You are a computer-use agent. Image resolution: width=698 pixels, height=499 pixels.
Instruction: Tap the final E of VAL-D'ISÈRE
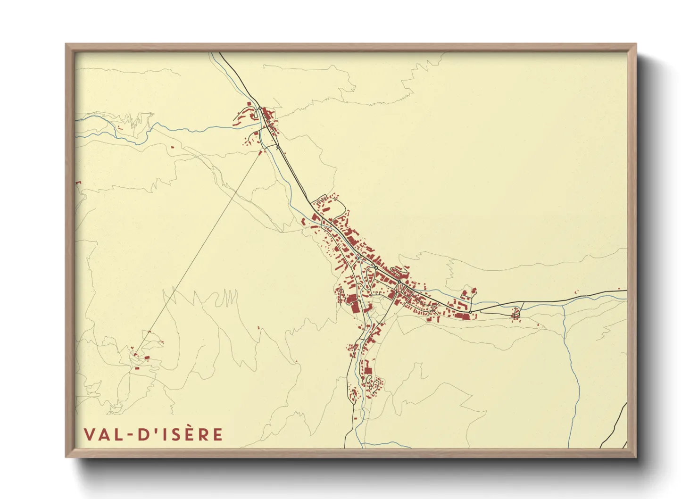pyautogui.click(x=217, y=434)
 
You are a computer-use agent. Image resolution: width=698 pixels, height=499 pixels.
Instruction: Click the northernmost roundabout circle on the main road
pyautogui.click(x=259, y=108)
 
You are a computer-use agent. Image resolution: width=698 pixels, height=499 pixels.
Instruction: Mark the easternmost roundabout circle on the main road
pyautogui.click(x=470, y=312)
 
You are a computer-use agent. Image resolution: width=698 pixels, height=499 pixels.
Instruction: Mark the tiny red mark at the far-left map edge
pyautogui.click(x=78, y=182)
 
